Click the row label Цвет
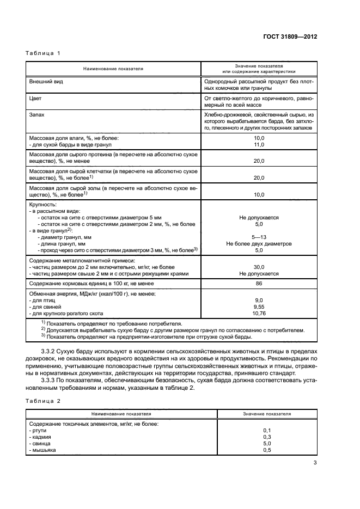[x=35, y=99]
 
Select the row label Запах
[x=37, y=116]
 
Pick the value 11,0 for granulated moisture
[x=259, y=144]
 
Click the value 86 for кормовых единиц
[x=259, y=284]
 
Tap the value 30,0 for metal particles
[x=259, y=267]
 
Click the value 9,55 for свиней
[x=259, y=307]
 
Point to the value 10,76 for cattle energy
[x=259, y=314]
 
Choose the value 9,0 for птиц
[x=259, y=301]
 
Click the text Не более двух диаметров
[x=259, y=244]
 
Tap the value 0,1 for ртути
[x=267, y=431]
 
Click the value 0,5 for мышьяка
[x=267, y=450]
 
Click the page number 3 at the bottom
[x=315, y=463]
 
